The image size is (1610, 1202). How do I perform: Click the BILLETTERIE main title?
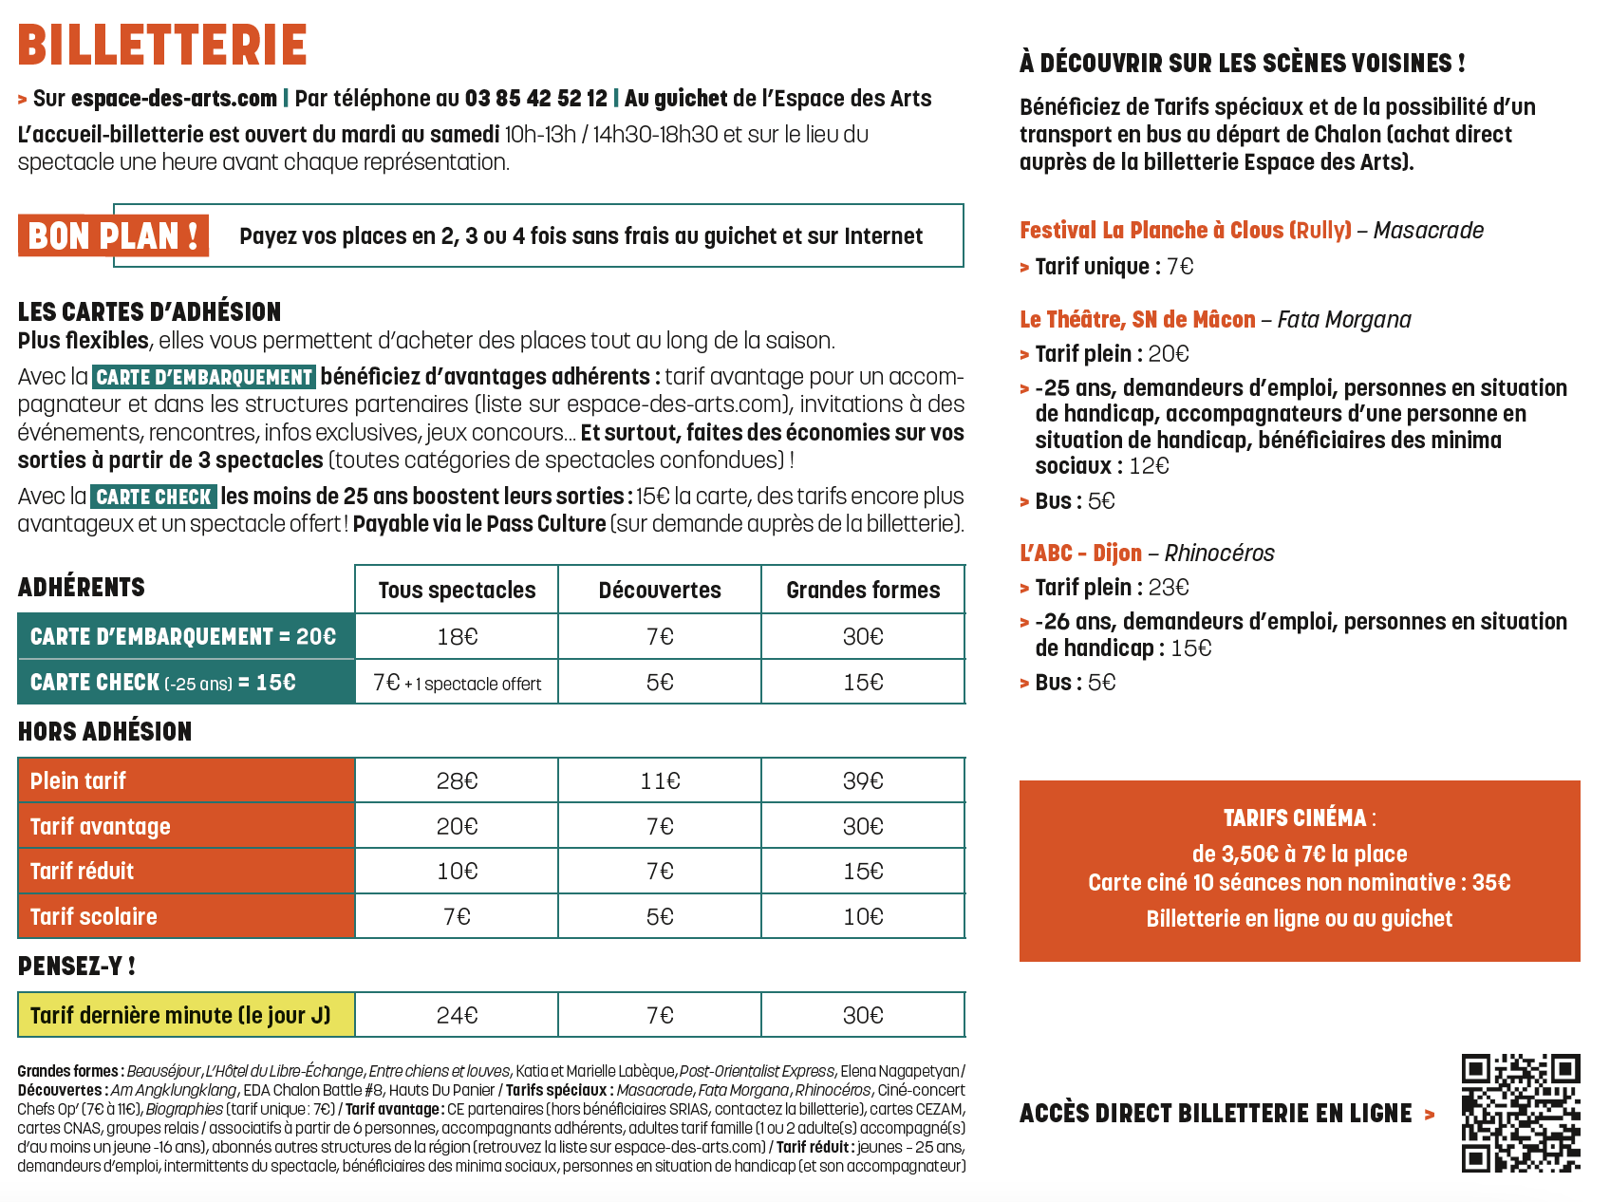(x=162, y=45)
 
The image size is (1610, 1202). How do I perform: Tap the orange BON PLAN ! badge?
(x=114, y=235)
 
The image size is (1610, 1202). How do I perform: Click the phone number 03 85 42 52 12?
(x=535, y=99)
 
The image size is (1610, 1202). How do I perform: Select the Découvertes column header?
(x=660, y=591)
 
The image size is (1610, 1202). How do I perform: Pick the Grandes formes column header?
(x=863, y=591)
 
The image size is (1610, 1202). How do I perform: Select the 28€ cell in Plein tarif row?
(x=457, y=780)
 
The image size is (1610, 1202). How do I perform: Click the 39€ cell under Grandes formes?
(x=863, y=780)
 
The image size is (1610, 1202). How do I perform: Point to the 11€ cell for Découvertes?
(x=660, y=780)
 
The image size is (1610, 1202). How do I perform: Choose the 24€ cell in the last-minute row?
(x=457, y=1015)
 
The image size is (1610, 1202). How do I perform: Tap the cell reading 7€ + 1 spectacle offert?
(x=457, y=683)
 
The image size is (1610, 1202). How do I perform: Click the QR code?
(x=1521, y=1113)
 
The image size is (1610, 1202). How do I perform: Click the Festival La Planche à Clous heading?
(x=1185, y=231)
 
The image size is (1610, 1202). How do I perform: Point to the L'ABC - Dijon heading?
(x=1080, y=554)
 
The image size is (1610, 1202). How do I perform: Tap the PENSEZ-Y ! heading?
(x=76, y=967)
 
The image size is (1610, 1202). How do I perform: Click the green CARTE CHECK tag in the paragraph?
(x=154, y=497)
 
